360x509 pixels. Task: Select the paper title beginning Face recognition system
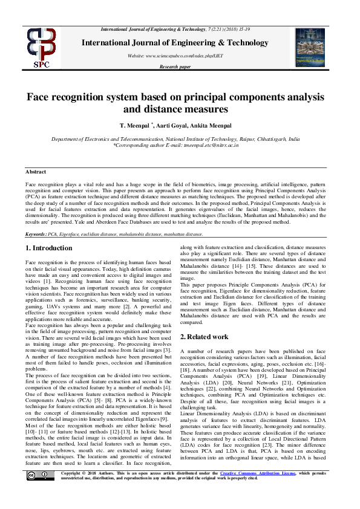179,103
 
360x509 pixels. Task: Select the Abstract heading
36,172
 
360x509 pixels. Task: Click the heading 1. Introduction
49,248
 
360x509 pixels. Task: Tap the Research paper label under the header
180,67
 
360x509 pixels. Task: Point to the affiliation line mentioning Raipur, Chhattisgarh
180,139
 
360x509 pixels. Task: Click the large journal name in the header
179,43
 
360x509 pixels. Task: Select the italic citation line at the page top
180,29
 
